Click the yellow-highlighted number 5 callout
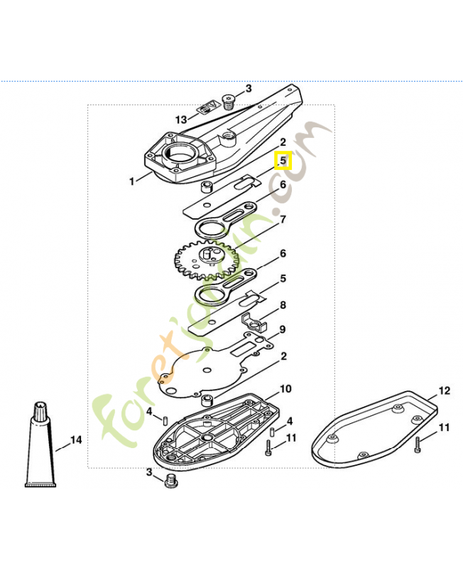click(283, 160)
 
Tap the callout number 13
click(181, 119)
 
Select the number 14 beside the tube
click(76, 440)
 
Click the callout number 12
click(444, 390)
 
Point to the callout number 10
click(285, 388)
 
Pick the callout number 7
click(283, 219)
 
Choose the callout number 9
click(282, 329)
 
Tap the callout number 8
click(283, 305)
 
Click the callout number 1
click(132, 181)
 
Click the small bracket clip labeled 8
click(254, 321)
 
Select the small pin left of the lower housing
click(164, 421)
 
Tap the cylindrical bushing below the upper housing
click(207, 187)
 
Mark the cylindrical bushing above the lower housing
click(207, 400)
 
